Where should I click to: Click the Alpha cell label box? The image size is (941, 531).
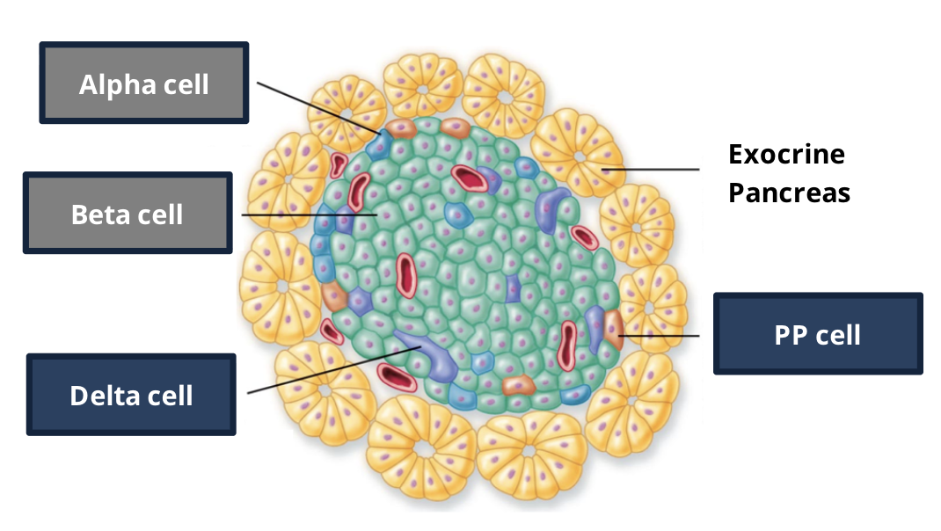pos(144,84)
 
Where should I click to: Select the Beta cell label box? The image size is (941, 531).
pos(128,213)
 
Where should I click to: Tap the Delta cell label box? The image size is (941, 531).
pos(131,394)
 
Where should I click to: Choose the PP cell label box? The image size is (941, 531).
pos(818,333)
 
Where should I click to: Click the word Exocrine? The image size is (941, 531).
pos(786,154)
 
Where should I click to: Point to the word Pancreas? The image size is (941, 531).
pos(789,193)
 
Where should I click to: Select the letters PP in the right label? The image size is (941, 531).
pos(789,333)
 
